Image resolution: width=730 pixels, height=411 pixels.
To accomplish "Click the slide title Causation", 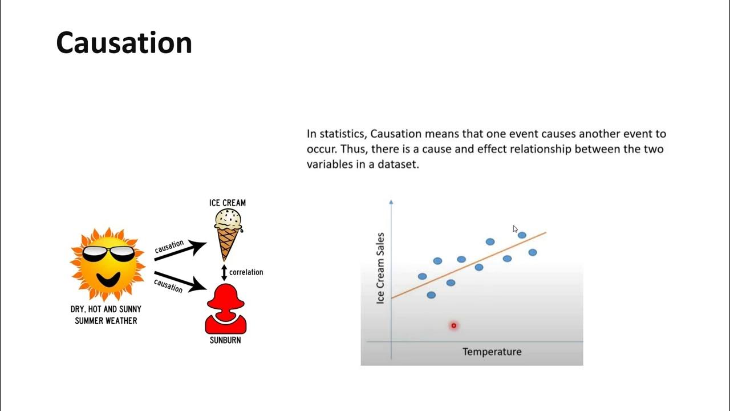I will click(x=124, y=43).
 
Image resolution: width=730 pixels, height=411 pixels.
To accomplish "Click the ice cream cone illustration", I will click(x=228, y=234).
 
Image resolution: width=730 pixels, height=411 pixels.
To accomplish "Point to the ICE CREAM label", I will click(x=228, y=203).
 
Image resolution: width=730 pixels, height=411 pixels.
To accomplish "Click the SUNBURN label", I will click(x=225, y=340).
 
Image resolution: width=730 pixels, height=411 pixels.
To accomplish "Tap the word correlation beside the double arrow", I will click(x=246, y=272).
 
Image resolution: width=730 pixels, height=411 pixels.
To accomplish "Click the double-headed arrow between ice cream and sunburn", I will click(x=224, y=272).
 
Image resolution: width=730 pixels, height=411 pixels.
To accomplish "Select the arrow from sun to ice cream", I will click(x=180, y=251).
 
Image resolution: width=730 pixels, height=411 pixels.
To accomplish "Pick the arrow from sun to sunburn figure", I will click(x=180, y=281).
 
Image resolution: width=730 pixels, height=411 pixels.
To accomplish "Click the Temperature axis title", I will click(x=492, y=352).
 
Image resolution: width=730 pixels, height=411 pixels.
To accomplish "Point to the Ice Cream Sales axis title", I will click(x=381, y=268).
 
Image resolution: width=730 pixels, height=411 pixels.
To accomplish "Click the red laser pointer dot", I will click(x=454, y=326).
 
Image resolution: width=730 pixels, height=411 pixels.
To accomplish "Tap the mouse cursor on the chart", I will click(x=515, y=229).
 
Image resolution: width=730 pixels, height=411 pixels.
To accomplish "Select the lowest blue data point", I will click(x=431, y=295).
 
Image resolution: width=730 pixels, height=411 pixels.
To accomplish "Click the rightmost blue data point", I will click(x=533, y=252).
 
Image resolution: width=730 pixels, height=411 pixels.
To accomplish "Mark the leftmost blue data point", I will click(x=422, y=276).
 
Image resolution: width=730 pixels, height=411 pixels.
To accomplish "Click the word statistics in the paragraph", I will click(x=341, y=134).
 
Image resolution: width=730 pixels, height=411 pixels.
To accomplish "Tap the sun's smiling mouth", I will click(x=108, y=279).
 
